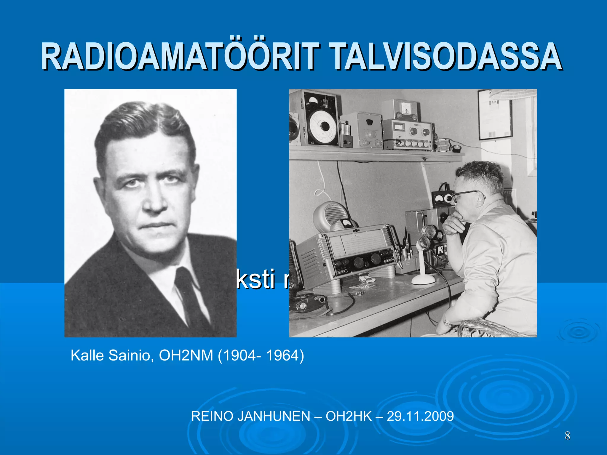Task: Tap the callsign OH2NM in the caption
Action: coord(186,355)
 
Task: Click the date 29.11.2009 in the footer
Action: coord(420,416)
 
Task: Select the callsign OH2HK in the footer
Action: coord(349,416)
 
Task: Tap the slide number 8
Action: coord(567,436)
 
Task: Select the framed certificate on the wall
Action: coord(495,116)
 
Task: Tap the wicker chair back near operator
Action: coord(486,329)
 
